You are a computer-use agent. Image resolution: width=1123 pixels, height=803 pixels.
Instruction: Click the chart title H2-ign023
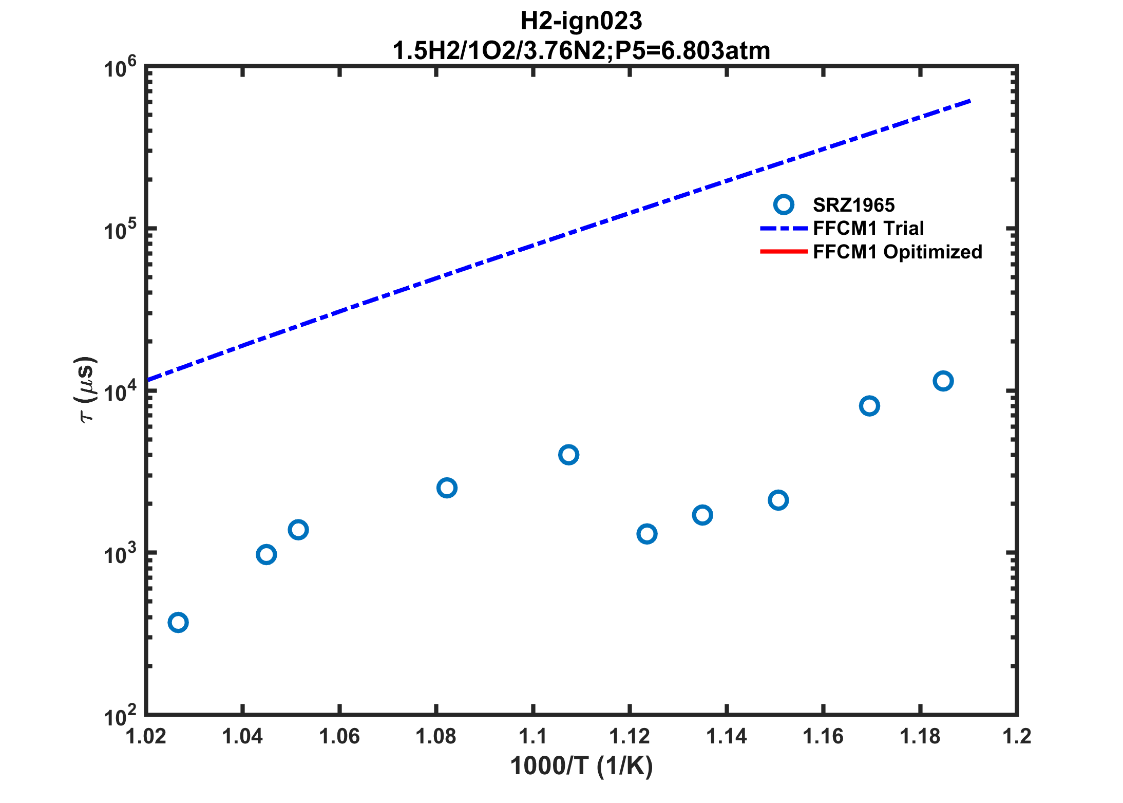point(581,22)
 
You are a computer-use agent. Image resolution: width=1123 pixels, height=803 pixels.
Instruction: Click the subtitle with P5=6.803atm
point(581,51)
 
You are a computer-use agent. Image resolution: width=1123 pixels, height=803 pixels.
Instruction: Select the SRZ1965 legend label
point(853,205)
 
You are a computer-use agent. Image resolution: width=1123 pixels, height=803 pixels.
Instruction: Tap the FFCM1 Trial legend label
point(868,228)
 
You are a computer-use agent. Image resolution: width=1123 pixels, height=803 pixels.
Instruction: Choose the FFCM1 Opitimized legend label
point(898,252)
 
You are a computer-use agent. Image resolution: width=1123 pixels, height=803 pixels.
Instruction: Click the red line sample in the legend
point(784,251)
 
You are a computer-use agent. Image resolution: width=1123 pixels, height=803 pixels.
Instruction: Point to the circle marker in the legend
point(784,205)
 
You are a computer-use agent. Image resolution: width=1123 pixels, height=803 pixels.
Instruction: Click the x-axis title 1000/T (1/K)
point(581,766)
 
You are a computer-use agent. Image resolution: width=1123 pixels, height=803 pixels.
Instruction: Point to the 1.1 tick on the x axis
point(533,736)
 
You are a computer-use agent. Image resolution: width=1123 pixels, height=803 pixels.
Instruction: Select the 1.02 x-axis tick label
point(146,736)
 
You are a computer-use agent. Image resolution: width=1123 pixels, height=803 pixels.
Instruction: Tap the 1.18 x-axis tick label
point(920,736)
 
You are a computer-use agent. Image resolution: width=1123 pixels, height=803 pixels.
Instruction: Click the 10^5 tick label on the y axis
point(120,229)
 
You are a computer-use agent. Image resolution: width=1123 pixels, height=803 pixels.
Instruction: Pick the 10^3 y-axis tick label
point(120,553)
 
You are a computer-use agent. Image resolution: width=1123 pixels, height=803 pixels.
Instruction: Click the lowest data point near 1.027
point(178,623)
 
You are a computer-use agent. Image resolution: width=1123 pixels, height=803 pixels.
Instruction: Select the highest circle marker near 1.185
point(943,381)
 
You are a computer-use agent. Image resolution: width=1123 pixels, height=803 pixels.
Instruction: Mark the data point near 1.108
point(568,455)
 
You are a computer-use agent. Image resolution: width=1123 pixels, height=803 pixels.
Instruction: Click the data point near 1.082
point(447,488)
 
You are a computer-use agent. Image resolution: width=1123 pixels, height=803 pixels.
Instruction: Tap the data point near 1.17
point(869,406)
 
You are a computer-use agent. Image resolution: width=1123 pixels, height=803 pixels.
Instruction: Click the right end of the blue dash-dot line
point(969,101)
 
